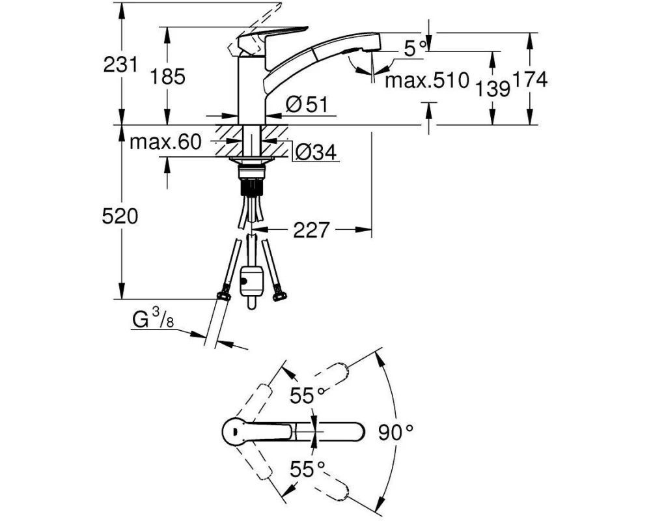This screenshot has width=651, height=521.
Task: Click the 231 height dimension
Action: pos(120,64)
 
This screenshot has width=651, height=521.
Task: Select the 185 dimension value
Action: pos(167,77)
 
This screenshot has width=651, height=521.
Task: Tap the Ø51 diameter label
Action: pos(307,104)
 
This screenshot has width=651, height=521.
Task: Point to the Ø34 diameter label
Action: pos(316,153)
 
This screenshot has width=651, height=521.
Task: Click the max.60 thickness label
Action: pos(165,143)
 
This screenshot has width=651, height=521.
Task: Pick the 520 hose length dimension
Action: pos(120,216)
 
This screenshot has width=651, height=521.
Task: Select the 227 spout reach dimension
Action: pos(311,230)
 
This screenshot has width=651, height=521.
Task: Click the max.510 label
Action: pos(427,80)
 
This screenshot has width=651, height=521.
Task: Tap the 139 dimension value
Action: pos(492,89)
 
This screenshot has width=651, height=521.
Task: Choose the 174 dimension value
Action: pos(530,79)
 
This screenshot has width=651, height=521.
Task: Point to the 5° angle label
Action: pos(414,49)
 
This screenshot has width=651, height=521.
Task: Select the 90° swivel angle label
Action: pos(396,433)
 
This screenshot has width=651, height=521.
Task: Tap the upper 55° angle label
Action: pos(307,395)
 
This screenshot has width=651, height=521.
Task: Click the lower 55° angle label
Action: pos(307,470)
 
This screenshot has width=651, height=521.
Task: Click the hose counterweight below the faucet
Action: pos(251,283)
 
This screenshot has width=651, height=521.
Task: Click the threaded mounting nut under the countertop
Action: pos(251,171)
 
